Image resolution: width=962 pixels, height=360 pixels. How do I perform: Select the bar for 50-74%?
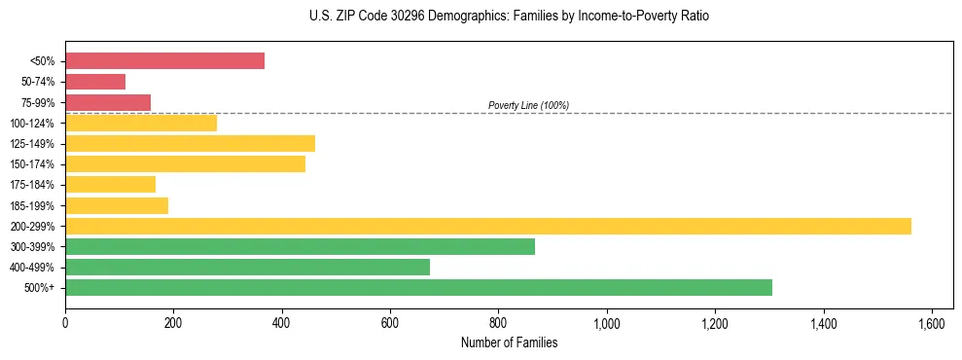(95, 82)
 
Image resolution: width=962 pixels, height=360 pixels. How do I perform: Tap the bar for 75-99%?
(108, 102)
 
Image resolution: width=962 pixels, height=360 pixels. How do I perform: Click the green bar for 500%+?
(418, 287)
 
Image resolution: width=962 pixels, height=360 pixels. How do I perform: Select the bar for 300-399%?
(300, 246)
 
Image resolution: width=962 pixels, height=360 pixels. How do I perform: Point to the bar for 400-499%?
(247, 267)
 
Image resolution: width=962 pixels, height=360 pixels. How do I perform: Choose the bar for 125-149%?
(190, 143)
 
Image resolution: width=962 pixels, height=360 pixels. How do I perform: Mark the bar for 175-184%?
(110, 184)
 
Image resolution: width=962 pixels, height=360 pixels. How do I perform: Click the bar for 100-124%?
(141, 123)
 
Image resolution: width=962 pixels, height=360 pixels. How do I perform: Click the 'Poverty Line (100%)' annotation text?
(528, 105)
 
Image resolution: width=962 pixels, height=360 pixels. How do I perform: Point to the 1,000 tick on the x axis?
(607, 323)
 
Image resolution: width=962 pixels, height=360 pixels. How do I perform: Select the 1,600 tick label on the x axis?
(932, 323)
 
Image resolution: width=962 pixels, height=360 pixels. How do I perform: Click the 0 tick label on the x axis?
(65, 323)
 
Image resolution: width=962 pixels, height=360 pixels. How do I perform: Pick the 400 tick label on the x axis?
(282, 323)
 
